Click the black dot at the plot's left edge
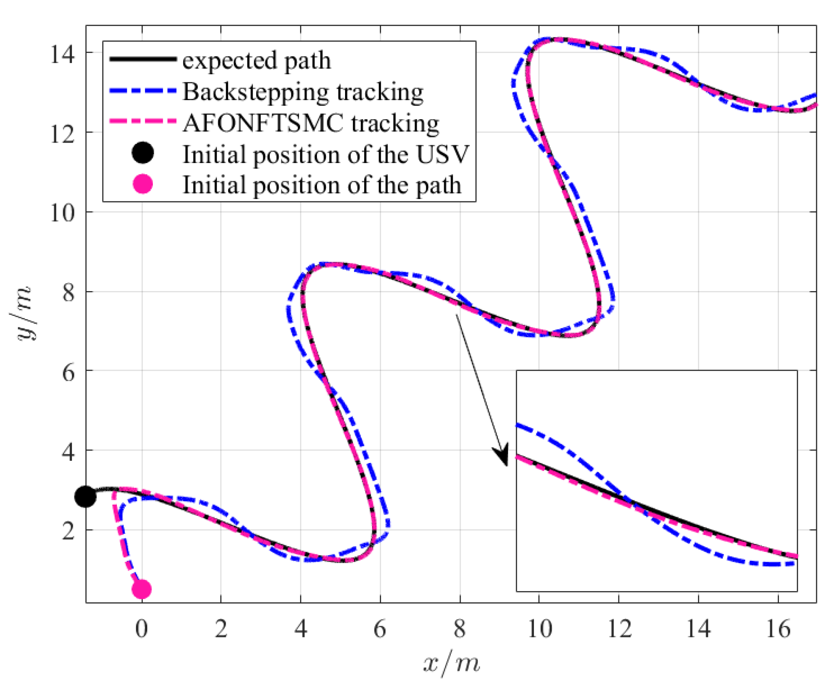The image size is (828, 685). (86, 496)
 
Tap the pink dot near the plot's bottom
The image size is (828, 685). (142, 589)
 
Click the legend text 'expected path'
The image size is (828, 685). (256, 61)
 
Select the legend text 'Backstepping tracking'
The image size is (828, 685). (302, 92)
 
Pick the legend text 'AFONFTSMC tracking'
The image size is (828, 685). (311, 123)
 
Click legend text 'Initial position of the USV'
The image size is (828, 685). (325, 154)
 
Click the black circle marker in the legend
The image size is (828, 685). (143, 153)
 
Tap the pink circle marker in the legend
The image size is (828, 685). (143, 184)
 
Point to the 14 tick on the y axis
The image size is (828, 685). (62, 54)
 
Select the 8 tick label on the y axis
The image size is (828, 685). (68, 293)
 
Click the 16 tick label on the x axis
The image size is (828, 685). (778, 629)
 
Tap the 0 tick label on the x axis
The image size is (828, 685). (142, 629)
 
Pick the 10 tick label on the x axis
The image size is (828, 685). (540, 629)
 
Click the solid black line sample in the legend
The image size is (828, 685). (143, 59)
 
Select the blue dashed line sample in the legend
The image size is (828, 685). (143, 91)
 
